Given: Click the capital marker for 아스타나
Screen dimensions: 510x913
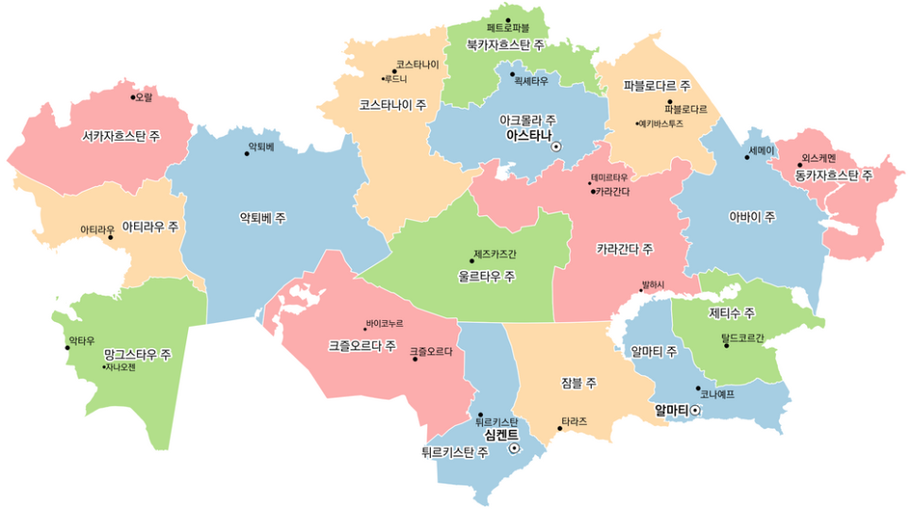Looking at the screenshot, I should pos(557,146).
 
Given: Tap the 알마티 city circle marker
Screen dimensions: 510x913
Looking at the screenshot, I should pos(696,410).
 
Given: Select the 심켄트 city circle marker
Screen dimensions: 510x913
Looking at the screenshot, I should pos(514,450).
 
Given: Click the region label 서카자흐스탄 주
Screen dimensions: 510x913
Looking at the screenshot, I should pos(120,136).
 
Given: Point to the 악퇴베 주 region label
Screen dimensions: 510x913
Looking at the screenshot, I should pos(263,217).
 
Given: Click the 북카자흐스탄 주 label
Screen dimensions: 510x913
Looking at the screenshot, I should pos(508,44).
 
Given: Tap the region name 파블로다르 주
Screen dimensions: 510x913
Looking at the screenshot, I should pos(657,86).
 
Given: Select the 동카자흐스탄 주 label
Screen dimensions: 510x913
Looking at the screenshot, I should pos(834,175).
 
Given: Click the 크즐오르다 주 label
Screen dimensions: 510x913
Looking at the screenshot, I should pos(362,345).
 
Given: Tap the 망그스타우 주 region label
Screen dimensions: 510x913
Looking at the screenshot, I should pos(137,355).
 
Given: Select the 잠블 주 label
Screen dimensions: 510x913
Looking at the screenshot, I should pos(577,382).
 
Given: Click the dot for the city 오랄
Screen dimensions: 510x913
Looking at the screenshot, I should pos(133,96).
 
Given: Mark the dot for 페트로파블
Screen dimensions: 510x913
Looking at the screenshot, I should pos(508,20).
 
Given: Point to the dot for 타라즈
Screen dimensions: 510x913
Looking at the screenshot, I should pos(560,429).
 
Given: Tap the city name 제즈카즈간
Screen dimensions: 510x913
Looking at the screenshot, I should pos(495,254).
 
